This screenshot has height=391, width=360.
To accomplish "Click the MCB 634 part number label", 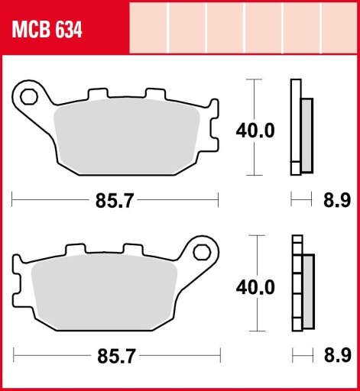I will (x=47, y=31).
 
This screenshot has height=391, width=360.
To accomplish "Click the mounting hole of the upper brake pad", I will (x=30, y=97).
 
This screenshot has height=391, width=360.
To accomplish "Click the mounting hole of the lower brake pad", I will (x=202, y=251).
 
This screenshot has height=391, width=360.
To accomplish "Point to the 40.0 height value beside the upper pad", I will (x=255, y=131).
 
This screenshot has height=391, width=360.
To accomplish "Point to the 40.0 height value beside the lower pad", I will (x=255, y=287).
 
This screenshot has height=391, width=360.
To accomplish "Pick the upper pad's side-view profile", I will (x=301, y=127).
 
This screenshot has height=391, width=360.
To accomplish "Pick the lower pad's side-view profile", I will (x=303, y=283).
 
